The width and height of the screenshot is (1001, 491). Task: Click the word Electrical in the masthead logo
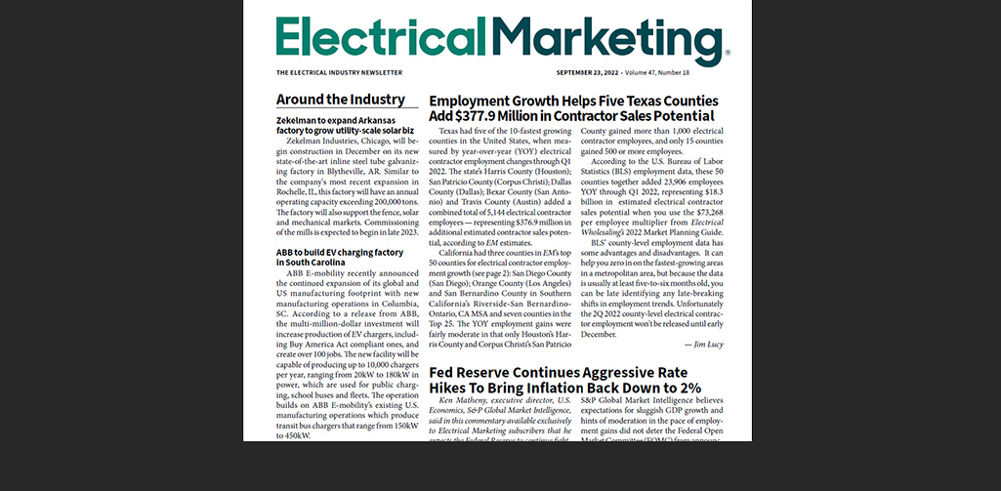click(389, 36)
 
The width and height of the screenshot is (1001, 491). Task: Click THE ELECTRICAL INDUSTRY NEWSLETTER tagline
click(339, 73)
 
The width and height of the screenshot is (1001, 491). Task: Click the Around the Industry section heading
click(340, 100)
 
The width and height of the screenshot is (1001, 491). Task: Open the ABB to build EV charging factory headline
click(340, 252)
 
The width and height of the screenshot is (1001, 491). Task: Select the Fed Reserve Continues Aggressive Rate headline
click(560, 373)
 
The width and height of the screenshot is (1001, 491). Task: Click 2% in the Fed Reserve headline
click(690, 388)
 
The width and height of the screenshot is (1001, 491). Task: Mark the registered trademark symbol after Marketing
click(728, 54)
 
